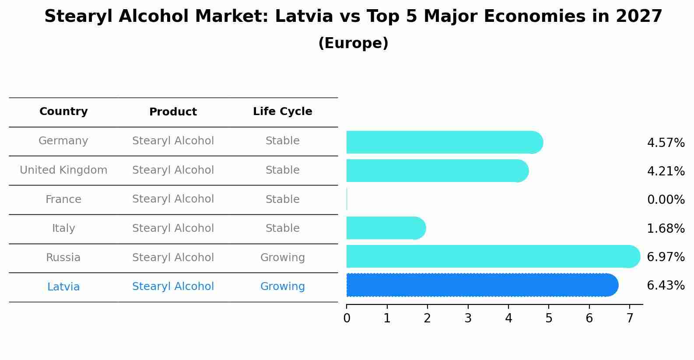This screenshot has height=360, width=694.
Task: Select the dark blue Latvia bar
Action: click(x=481, y=285)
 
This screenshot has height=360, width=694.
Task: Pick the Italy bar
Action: click(x=385, y=228)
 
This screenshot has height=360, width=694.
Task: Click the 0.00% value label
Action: click(x=666, y=200)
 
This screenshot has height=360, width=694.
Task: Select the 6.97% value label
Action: click(x=666, y=257)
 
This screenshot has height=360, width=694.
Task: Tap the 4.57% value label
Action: click(x=666, y=143)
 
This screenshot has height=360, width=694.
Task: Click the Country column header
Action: click(x=63, y=112)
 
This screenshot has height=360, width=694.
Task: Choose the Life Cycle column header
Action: click(x=282, y=112)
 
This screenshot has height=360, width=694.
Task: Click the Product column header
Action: click(x=173, y=112)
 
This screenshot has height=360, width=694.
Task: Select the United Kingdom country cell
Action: click(x=63, y=170)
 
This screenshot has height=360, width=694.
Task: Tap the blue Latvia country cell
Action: click(x=63, y=287)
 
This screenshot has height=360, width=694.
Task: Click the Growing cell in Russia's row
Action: click(x=282, y=258)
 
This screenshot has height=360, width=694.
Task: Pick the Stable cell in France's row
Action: click(x=282, y=199)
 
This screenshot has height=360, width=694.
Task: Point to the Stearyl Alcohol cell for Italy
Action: click(x=173, y=228)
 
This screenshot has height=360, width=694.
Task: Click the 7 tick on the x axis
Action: click(x=630, y=318)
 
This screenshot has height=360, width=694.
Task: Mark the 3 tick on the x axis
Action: click(x=468, y=318)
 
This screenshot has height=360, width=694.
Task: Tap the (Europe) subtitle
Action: click(x=353, y=43)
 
